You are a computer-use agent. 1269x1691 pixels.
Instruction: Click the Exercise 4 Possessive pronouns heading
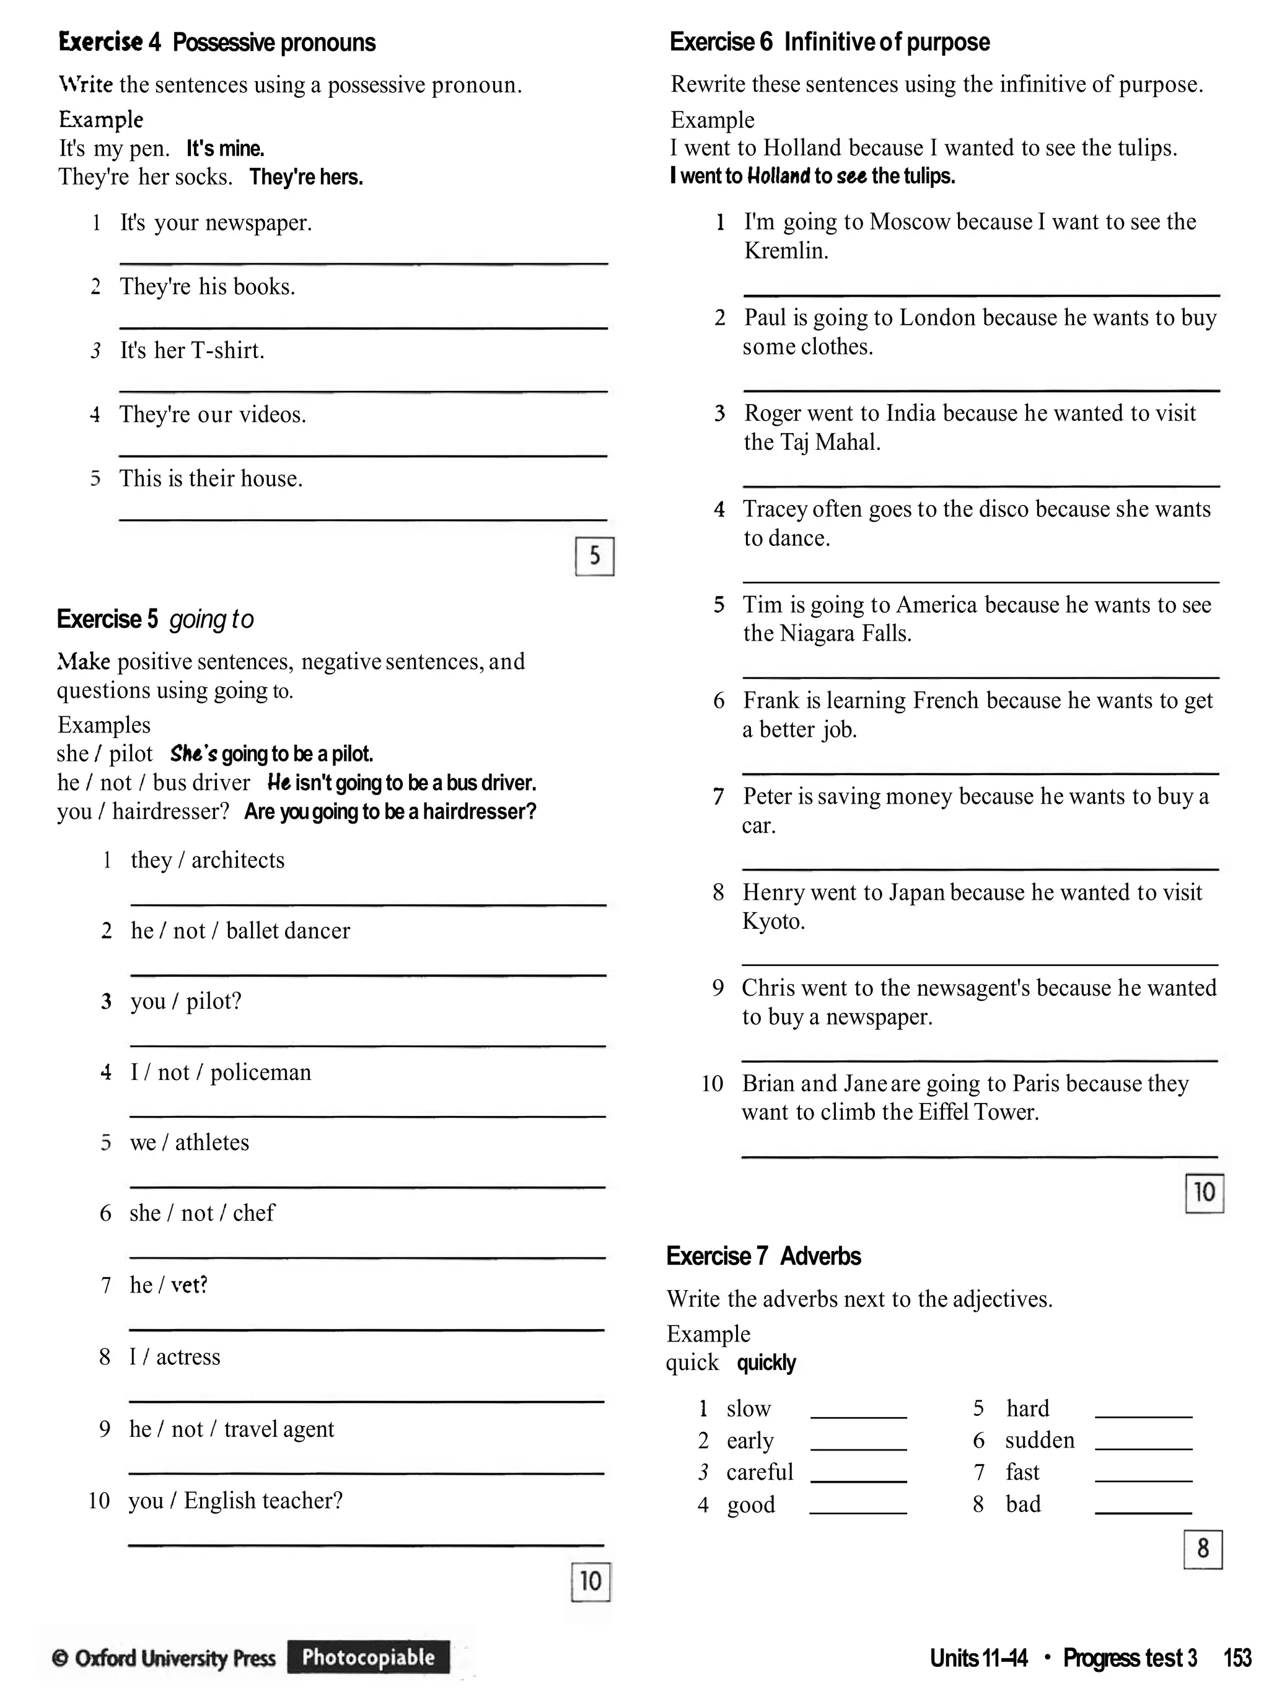(x=216, y=43)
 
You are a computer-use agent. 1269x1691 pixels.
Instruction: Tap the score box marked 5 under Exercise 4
(x=594, y=556)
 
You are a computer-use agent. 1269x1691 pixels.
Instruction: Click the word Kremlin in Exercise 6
(x=785, y=251)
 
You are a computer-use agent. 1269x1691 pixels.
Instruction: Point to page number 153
(x=1237, y=1658)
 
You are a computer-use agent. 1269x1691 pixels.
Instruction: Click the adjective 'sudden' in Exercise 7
(x=1039, y=1440)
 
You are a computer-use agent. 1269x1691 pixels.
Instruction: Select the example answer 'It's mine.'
(x=226, y=148)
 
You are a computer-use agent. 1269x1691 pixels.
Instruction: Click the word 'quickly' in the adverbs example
(x=766, y=1363)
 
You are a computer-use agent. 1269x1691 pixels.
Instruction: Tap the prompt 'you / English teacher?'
(x=235, y=1500)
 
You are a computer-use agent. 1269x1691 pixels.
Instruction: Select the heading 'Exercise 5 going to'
(x=155, y=618)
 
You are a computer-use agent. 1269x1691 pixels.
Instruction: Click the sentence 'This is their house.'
(x=211, y=478)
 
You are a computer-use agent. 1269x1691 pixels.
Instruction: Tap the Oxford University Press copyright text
(x=164, y=1658)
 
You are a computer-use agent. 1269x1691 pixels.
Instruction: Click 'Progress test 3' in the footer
(x=1130, y=1658)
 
